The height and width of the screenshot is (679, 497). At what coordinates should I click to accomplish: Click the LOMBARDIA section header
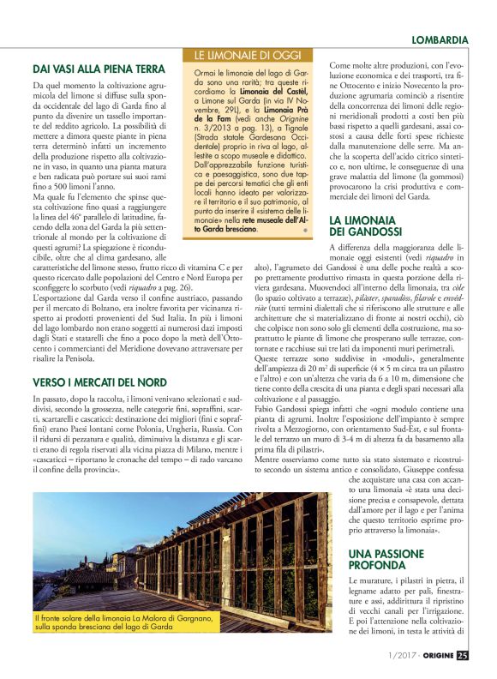tap(439, 39)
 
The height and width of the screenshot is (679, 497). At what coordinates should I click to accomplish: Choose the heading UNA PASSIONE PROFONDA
tap(389, 559)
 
